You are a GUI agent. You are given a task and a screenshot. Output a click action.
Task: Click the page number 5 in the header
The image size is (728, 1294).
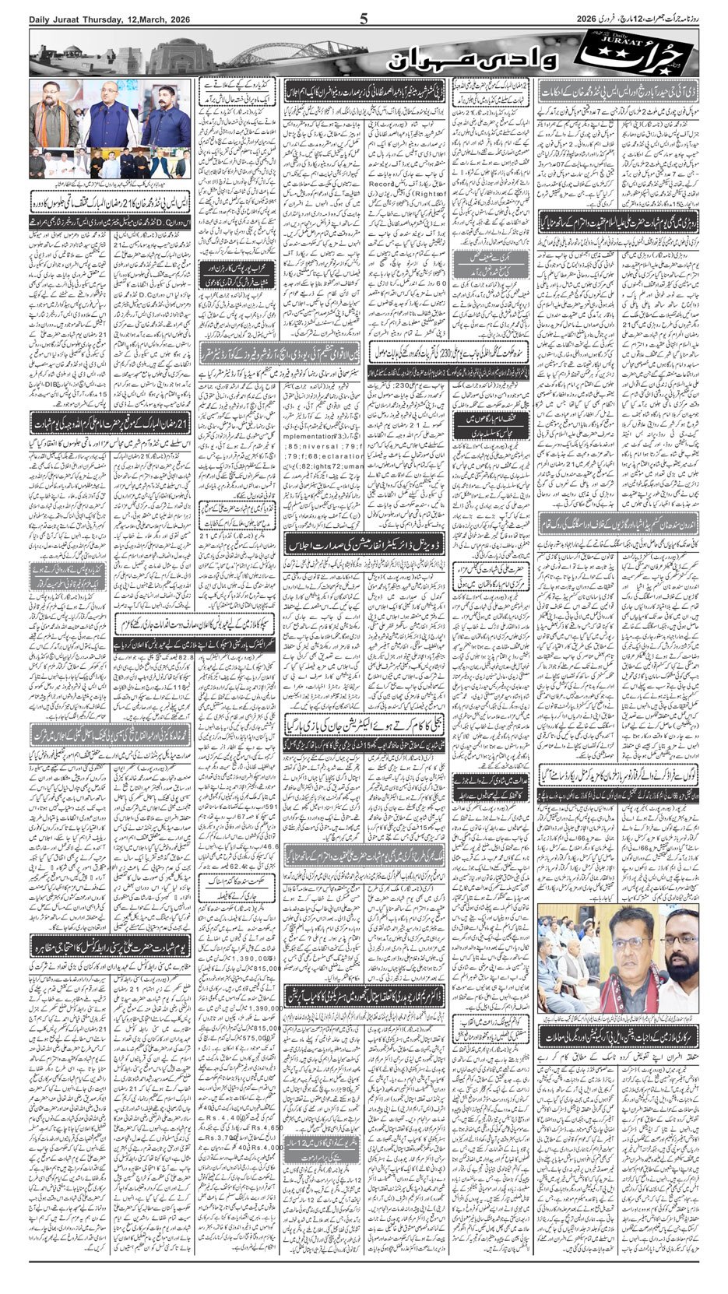pos(364,19)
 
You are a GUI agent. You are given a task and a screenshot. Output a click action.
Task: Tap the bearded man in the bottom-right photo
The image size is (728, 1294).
pos(678,965)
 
